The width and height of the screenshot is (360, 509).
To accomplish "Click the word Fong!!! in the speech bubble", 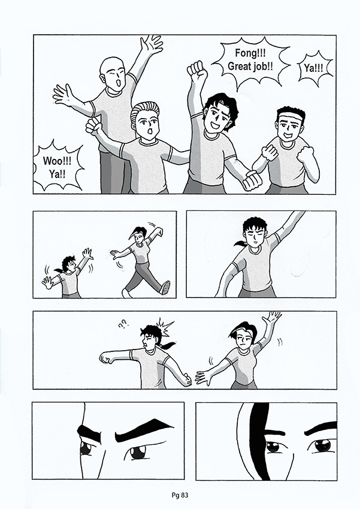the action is pyautogui.click(x=250, y=53).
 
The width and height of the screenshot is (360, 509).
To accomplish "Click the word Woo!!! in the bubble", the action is pyautogui.click(x=57, y=161).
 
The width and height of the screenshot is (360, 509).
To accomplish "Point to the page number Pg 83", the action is pyautogui.click(x=180, y=495).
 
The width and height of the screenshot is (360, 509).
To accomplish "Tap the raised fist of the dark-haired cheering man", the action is pyautogui.click(x=197, y=71).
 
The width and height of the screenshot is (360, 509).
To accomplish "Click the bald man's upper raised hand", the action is pyautogui.click(x=151, y=44).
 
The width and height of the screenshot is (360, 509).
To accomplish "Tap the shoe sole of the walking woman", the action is pyautogui.click(x=166, y=288).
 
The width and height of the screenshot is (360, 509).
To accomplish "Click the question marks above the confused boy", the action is pyautogui.click(x=123, y=324).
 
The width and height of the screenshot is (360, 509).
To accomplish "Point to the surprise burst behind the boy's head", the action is pyautogui.click(x=165, y=327).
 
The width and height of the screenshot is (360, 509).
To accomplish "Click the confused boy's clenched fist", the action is pyautogui.click(x=106, y=358).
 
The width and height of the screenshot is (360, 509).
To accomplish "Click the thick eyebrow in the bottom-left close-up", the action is pyautogui.click(x=143, y=429).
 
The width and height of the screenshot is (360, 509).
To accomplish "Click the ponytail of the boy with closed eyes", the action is pyautogui.click(x=240, y=243).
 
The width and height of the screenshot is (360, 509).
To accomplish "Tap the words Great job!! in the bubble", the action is pyautogui.click(x=250, y=66).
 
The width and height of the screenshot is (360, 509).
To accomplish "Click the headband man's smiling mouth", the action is pyautogui.click(x=288, y=134).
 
